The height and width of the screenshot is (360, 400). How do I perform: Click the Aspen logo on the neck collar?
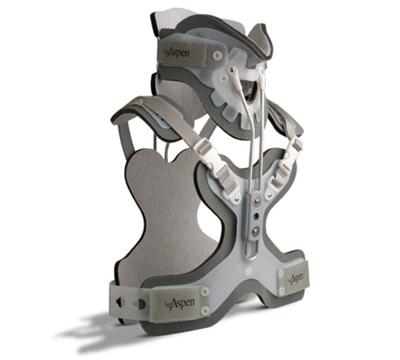[x=178, y=53]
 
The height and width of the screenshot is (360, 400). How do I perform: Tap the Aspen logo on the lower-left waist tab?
[x=181, y=303]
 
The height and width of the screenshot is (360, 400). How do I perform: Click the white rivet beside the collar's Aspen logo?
[x=217, y=55]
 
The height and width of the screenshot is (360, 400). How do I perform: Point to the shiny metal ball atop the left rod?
[x=233, y=69]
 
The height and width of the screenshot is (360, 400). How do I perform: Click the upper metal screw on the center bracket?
[x=255, y=203]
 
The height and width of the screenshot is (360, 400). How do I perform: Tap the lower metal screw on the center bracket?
[x=255, y=231]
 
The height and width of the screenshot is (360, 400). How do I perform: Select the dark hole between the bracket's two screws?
[x=255, y=217]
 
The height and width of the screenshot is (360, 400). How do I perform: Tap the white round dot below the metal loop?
[x=248, y=271]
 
